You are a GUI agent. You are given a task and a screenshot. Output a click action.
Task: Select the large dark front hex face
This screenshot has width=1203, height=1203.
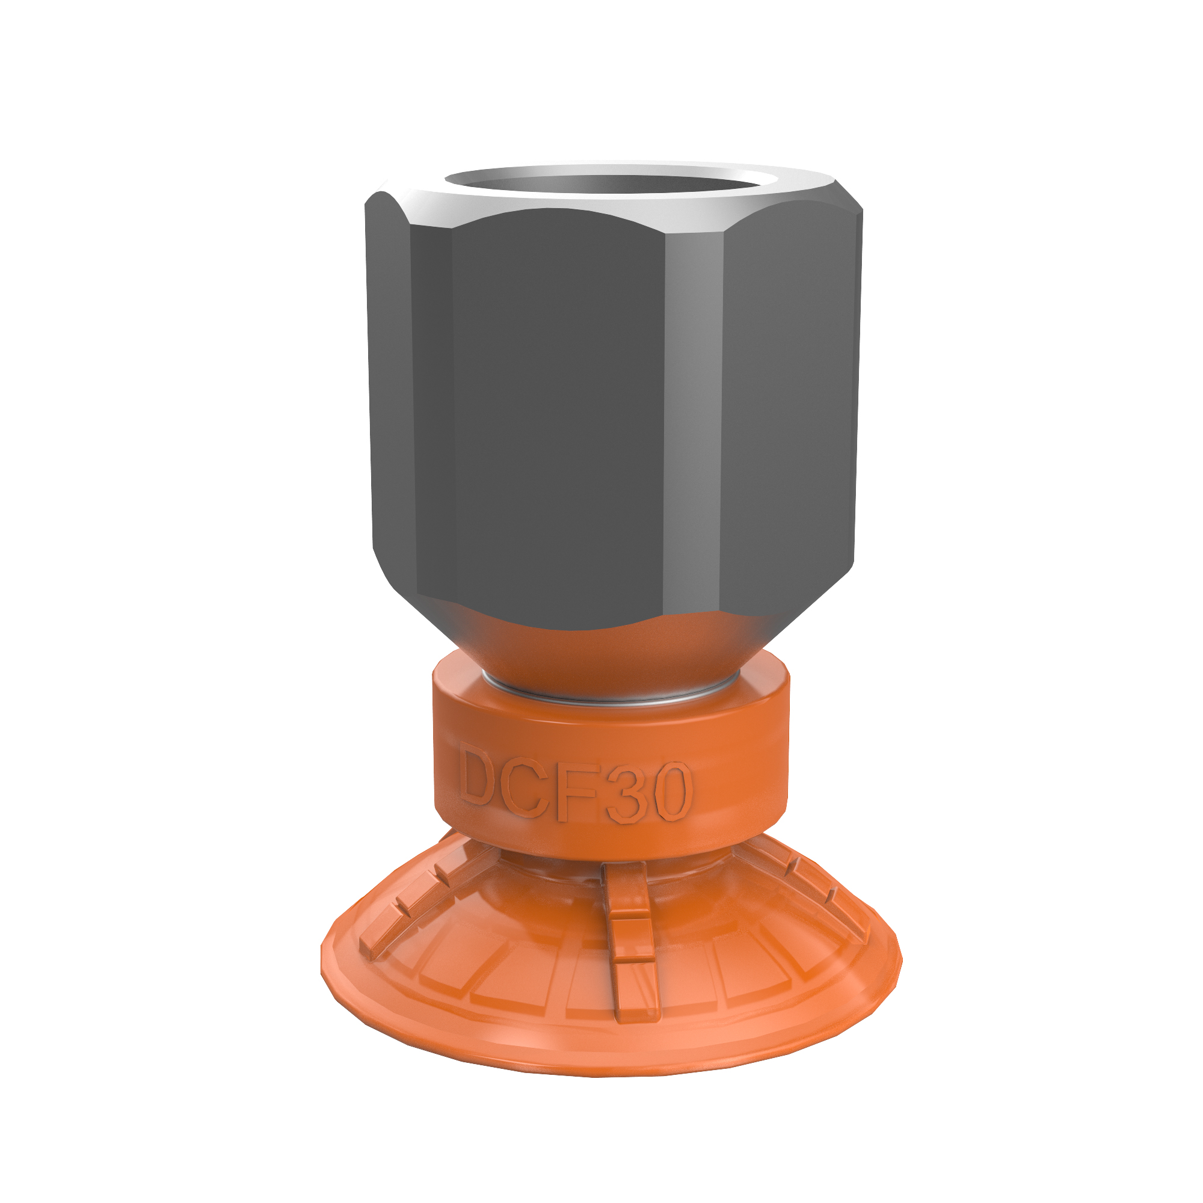coord(554,411)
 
